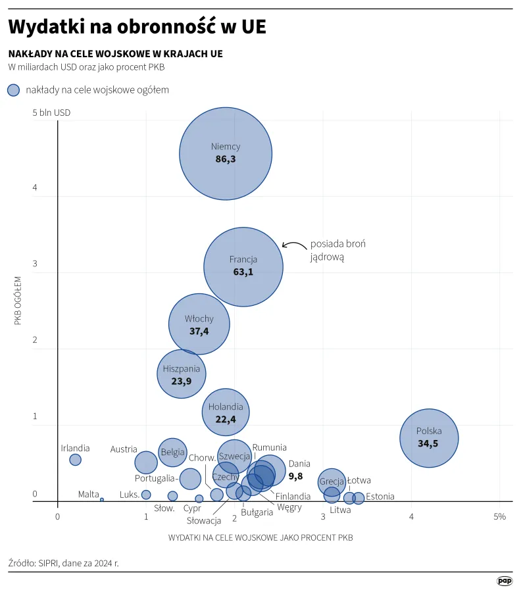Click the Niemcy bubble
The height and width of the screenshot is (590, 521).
pyautogui.click(x=226, y=154)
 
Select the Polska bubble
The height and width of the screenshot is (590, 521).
pyautogui.click(x=429, y=437)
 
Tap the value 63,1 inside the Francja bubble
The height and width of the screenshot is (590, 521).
pyautogui.click(x=243, y=272)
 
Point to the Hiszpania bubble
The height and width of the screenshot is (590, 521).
pyautogui.click(x=182, y=374)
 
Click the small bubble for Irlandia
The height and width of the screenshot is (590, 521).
pyautogui.click(x=75, y=460)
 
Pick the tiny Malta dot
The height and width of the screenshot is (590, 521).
pyautogui.click(x=101, y=499)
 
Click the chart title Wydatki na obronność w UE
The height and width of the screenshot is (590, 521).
pyautogui.click(x=137, y=27)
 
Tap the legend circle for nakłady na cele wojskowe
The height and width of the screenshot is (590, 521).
pyautogui.click(x=13, y=90)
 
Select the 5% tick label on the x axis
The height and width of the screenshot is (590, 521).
pyautogui.click(x=499, y=517)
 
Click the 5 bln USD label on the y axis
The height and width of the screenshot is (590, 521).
pyautogui.click(x=51, y=112)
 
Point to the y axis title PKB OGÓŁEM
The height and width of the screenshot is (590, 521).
pyautogui.click(x=18, y=300)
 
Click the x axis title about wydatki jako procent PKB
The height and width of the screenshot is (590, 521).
pyautogui.click(x=260, y=537)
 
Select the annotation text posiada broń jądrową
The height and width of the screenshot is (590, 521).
pyautogui.click(x=337, y=251)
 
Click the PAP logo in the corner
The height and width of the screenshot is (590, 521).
pyautogui.click(x=505, y=581)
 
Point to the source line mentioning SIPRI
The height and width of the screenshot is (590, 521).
pyautogui.click(x=64, y=563)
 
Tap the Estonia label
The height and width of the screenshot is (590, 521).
pyautogui.click(x=380, y=497)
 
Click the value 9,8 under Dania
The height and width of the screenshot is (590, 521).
pyautogui.click(x=296, y=476)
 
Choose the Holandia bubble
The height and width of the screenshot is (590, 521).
pyautogui.click(x=226, y=412)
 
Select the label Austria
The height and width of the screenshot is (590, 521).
pyautogui.click(x=124, y=449)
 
